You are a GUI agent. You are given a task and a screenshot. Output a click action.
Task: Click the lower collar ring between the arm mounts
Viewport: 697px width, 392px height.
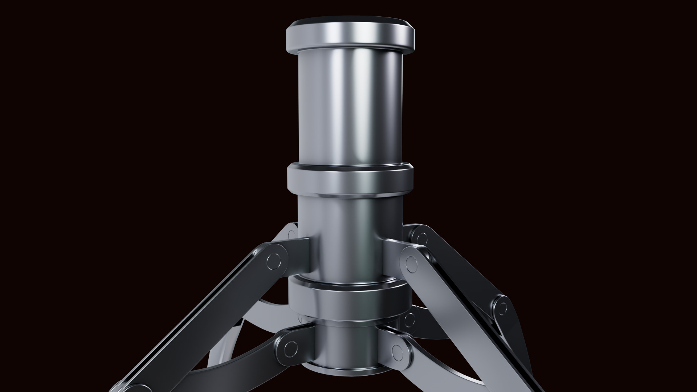click(x=350, y=300)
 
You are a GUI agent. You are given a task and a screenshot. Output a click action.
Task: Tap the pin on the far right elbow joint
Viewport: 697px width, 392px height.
click(x=502, y=308)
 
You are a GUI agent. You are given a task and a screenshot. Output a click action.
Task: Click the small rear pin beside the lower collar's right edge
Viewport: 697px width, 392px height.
click(x=409, y=319)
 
